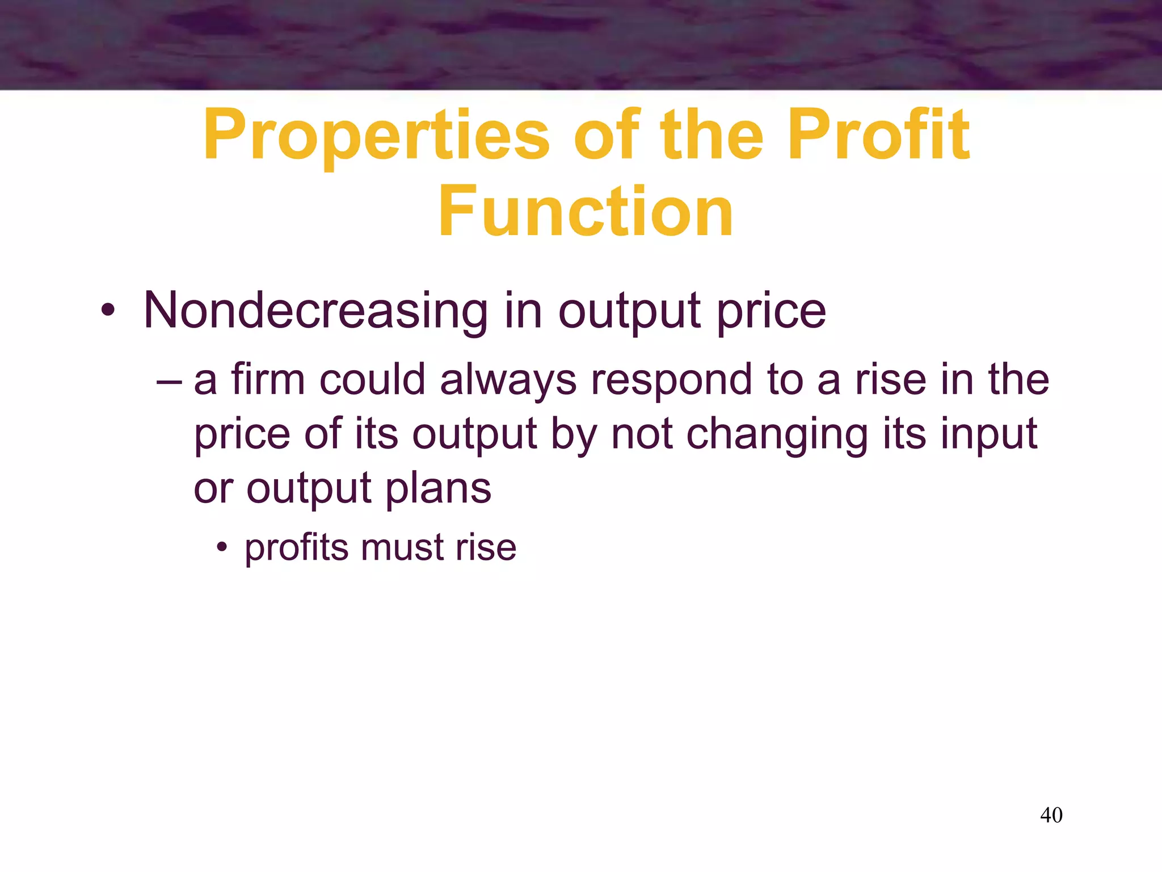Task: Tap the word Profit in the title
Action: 879,136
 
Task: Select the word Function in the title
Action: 586,212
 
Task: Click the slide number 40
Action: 1051,815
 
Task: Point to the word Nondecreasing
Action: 315,311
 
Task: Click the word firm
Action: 268,379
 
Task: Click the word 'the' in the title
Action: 711,136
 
